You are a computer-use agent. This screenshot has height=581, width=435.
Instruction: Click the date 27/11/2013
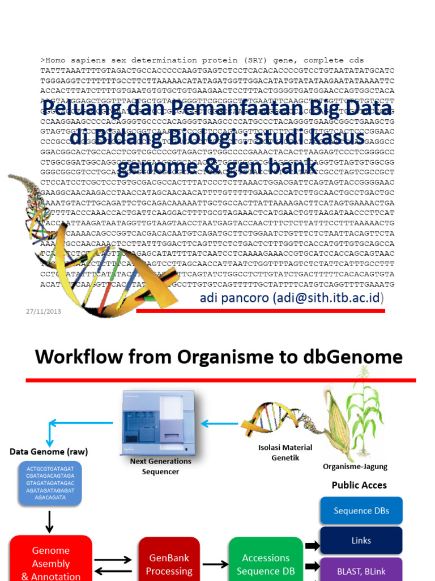pyautogui.click(x=44, y=311)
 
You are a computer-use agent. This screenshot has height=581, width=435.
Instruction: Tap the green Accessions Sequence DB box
pyautogui.click(x=266, y=562)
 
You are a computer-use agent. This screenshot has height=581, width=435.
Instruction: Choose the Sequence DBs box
pyautogui.click(x=361, y=511)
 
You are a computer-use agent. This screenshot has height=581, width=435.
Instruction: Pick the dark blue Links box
pyautogui.click(x=361, y=541)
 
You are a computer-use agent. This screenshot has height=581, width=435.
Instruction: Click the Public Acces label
pyautogui.click(x=359, y=485)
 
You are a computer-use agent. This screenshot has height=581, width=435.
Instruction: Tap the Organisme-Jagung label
pyautogui.click(x=355, y=467)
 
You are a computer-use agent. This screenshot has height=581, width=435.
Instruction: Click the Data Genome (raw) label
pyautogui.click(x=49, y=452)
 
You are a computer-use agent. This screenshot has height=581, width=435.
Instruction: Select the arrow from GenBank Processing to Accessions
pyautogui.click(x=215, y=564)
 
